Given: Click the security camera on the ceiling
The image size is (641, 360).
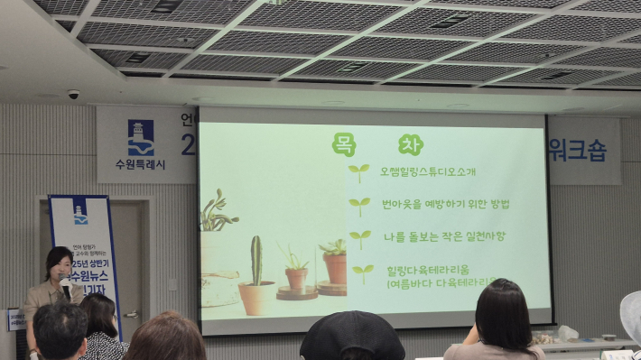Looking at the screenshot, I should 73,94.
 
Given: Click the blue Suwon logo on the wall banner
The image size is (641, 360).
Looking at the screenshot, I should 141,138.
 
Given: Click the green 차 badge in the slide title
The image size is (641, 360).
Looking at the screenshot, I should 408,143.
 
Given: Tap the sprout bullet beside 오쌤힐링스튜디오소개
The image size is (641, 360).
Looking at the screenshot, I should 359,171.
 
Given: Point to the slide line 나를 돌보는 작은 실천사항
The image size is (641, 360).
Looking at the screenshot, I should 438,236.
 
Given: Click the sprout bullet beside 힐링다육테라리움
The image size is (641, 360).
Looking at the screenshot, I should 363,272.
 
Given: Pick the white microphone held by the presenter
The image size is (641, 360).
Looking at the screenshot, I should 65,284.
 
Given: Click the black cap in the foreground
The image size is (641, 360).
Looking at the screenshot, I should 351,336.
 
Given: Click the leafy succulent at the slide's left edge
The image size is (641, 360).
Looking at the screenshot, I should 215,213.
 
